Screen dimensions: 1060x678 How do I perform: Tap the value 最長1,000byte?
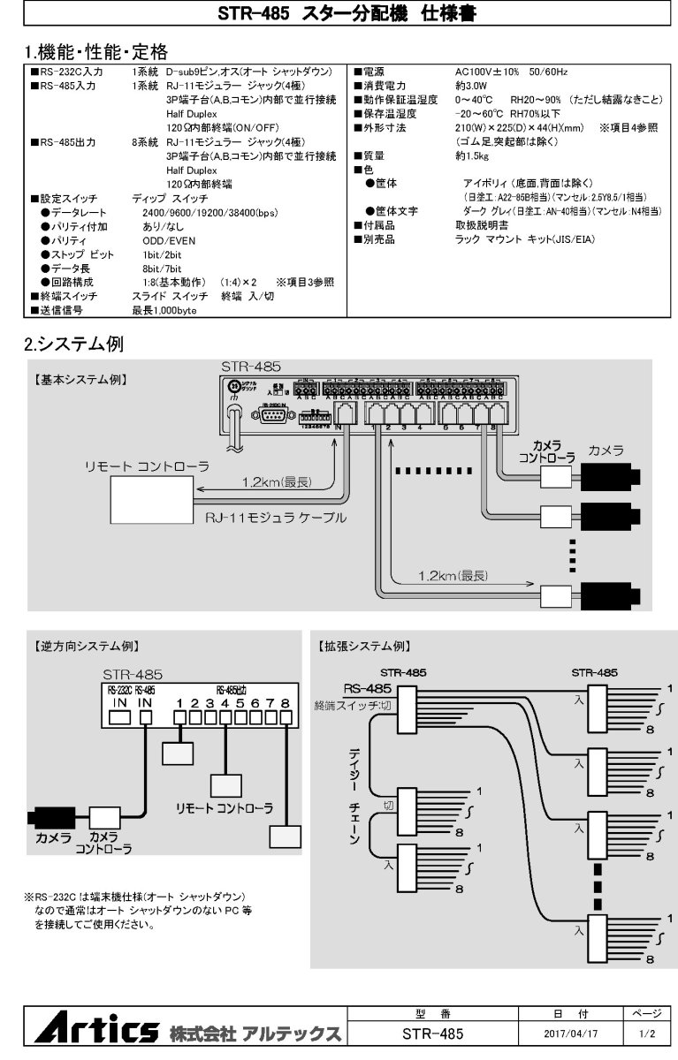coord(164,310)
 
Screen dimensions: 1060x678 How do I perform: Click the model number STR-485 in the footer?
coord(432,1033)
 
